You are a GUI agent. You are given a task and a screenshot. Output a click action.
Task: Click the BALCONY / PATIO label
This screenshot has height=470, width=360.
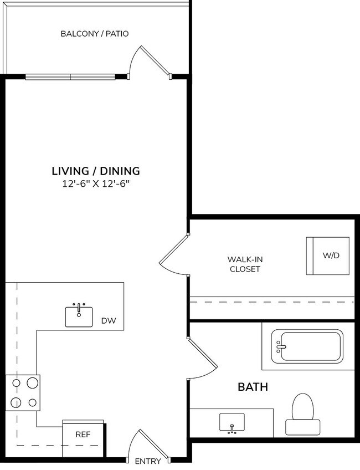94,34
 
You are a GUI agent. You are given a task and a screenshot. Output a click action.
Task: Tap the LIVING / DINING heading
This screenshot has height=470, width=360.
95,171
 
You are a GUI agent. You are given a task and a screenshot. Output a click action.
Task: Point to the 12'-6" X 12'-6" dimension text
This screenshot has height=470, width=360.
95,184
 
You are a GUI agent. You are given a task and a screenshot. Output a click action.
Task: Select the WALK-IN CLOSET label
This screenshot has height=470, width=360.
244,264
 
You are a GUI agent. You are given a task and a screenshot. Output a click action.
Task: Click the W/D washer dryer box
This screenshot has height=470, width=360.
328,256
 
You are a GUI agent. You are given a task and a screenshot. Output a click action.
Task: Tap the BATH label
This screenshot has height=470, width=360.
253,387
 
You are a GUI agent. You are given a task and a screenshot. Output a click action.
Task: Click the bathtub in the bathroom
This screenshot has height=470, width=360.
307,346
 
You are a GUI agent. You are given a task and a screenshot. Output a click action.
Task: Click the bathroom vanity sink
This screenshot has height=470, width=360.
232,423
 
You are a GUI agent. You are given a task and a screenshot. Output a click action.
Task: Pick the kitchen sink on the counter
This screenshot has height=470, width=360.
79,315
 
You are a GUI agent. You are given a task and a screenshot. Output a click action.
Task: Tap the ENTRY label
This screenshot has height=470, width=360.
148,461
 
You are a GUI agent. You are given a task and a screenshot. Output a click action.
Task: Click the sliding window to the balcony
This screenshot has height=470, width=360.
70,76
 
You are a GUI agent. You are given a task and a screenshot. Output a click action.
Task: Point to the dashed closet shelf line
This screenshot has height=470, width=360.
271,302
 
